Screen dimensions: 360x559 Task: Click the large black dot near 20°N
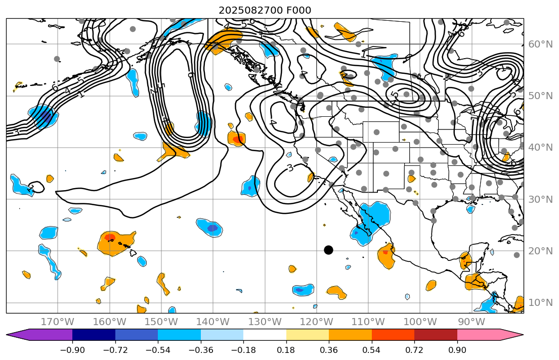coord(328,250)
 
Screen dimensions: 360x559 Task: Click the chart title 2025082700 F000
coord(265,10)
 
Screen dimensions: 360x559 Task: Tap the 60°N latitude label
coord(540,44)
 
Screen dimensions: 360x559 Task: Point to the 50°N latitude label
coord(540,96)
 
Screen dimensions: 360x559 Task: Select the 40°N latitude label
coord(540,148)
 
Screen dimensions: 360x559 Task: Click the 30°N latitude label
coord(540,199)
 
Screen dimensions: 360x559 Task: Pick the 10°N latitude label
coord(540,302)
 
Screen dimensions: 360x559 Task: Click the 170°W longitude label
coord(58,322)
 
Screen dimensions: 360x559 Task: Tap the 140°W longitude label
coord(213,322)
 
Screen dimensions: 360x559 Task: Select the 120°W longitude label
coord(316,322)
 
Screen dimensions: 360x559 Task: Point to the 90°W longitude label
coord(471,322)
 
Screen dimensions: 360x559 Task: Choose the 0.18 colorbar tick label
coord(286,350)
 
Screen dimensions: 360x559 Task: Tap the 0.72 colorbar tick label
coord(414,350)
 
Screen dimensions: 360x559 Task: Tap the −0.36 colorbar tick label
coord(201,350)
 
